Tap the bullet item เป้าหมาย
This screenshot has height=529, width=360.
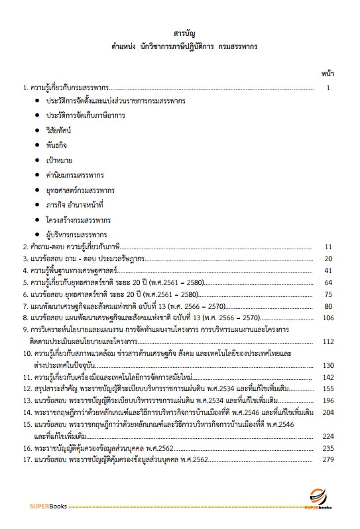tap(60, 160)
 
